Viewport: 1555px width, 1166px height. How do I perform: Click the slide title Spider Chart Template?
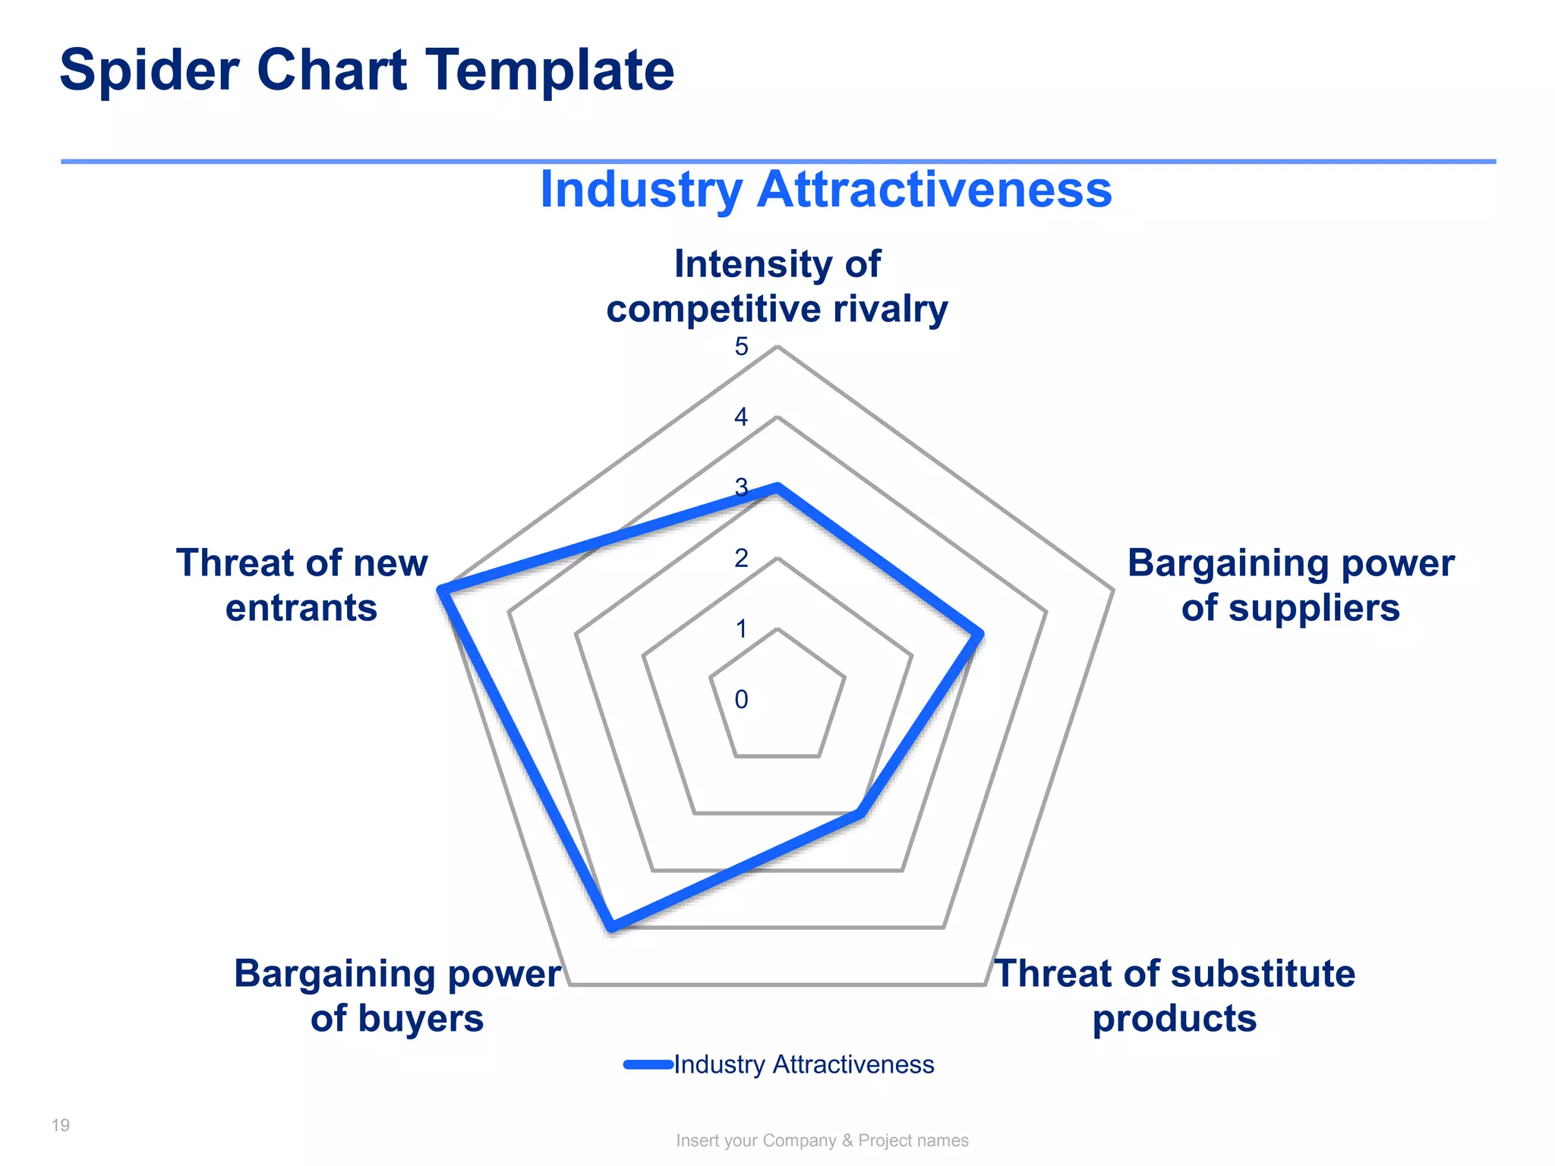click(367, 71)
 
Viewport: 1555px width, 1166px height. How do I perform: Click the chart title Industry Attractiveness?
click(825, 189)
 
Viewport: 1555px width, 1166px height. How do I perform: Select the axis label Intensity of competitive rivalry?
click(777, 286)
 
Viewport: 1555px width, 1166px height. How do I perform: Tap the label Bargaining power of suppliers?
click(1290, 585)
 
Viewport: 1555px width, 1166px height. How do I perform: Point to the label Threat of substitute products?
click(1174, 995)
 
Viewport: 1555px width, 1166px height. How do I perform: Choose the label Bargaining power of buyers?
click(397, 995)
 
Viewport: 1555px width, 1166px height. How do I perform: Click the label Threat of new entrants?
click(302, 585)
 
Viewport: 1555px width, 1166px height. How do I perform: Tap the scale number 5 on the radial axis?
click(741, 347)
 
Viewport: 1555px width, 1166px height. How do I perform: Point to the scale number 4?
click(741, 418)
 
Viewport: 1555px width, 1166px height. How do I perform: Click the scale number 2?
click(741, 559)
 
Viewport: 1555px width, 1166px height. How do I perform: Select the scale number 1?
click(741, 629)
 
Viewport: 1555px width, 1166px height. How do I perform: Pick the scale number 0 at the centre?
click(741, 700)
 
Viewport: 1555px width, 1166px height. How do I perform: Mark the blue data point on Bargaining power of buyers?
click(612, 927)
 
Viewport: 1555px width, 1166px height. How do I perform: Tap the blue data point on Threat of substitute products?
click(860, 814)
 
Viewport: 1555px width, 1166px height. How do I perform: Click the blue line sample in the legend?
click(648, 1064)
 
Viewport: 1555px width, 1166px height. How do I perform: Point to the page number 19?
click(61, 1125)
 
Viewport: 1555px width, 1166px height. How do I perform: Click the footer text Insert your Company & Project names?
click(822, 1140)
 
